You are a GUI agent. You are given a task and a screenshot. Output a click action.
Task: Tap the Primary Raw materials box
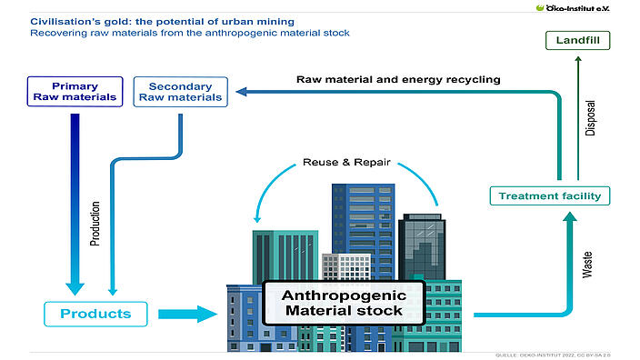click(75, 92)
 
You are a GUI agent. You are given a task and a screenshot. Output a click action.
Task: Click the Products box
click(95, 315)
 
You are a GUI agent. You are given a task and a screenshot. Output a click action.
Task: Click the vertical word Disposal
click(589, 118)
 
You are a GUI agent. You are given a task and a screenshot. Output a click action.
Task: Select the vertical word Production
click(95, 224)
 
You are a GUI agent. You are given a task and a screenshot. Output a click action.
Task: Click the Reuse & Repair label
click(346, 164)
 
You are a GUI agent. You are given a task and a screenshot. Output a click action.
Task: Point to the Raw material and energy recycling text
click(398, 79)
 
